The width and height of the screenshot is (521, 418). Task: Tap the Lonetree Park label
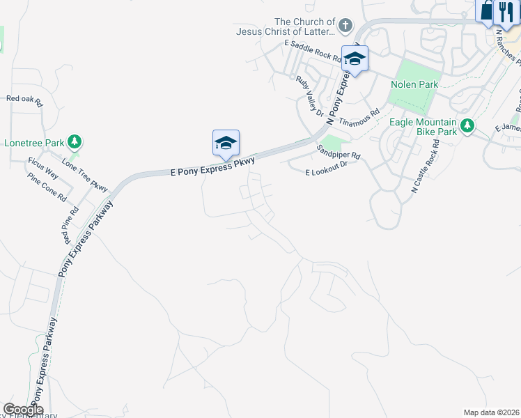tap(34, 143)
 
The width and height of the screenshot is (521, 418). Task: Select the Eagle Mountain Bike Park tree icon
tap(468, 126)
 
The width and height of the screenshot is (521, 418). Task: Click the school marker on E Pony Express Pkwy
tap(226, 143)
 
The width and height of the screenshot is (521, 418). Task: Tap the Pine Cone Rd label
tap(46, 184)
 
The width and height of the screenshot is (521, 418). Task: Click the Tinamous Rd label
tap(359, 116)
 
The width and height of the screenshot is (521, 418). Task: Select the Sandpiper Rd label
tap(339, 150)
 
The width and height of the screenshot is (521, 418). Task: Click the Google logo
tap(23, 410)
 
